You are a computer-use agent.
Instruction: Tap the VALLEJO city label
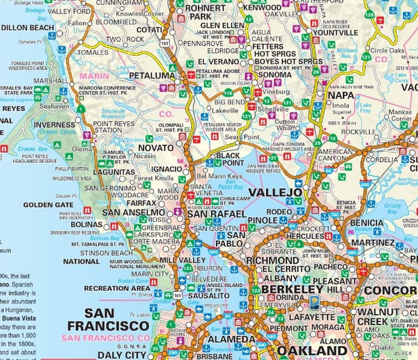coord(276,191)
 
